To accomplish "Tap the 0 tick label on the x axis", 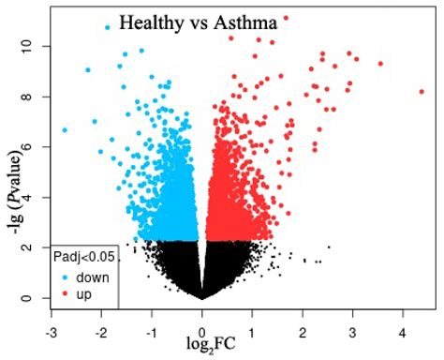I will (x=202, y=333).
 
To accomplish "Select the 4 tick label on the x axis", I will (x=403, y=333).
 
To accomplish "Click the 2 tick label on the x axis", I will (x=303, y=333).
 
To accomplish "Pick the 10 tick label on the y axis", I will (x=30, y=45).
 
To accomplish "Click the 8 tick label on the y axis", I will (x=30, y=96).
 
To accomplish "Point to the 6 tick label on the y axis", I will (x=30, y=146).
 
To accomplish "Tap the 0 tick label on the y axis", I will (x=30, y=298).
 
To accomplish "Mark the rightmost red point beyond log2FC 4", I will (x=422, y=92).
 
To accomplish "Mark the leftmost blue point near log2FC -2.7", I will (x=65, y=129).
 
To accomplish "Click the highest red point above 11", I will (x=286, y=18).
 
